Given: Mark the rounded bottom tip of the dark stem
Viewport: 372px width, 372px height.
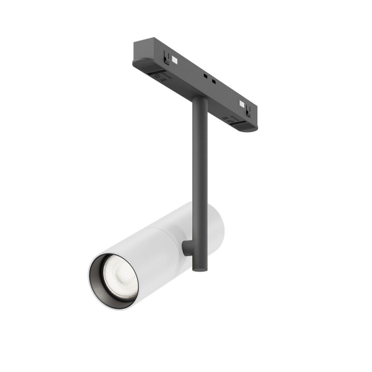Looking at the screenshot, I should click(198, 268).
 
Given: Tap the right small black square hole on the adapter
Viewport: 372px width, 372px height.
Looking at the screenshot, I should click(214, 82).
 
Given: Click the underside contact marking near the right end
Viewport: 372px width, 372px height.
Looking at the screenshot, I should click(232, 118).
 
